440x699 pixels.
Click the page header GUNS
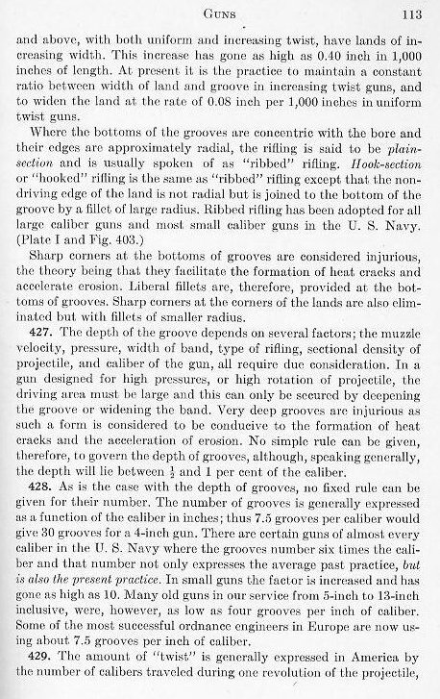pos(221,12)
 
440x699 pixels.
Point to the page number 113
pos(413,12)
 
